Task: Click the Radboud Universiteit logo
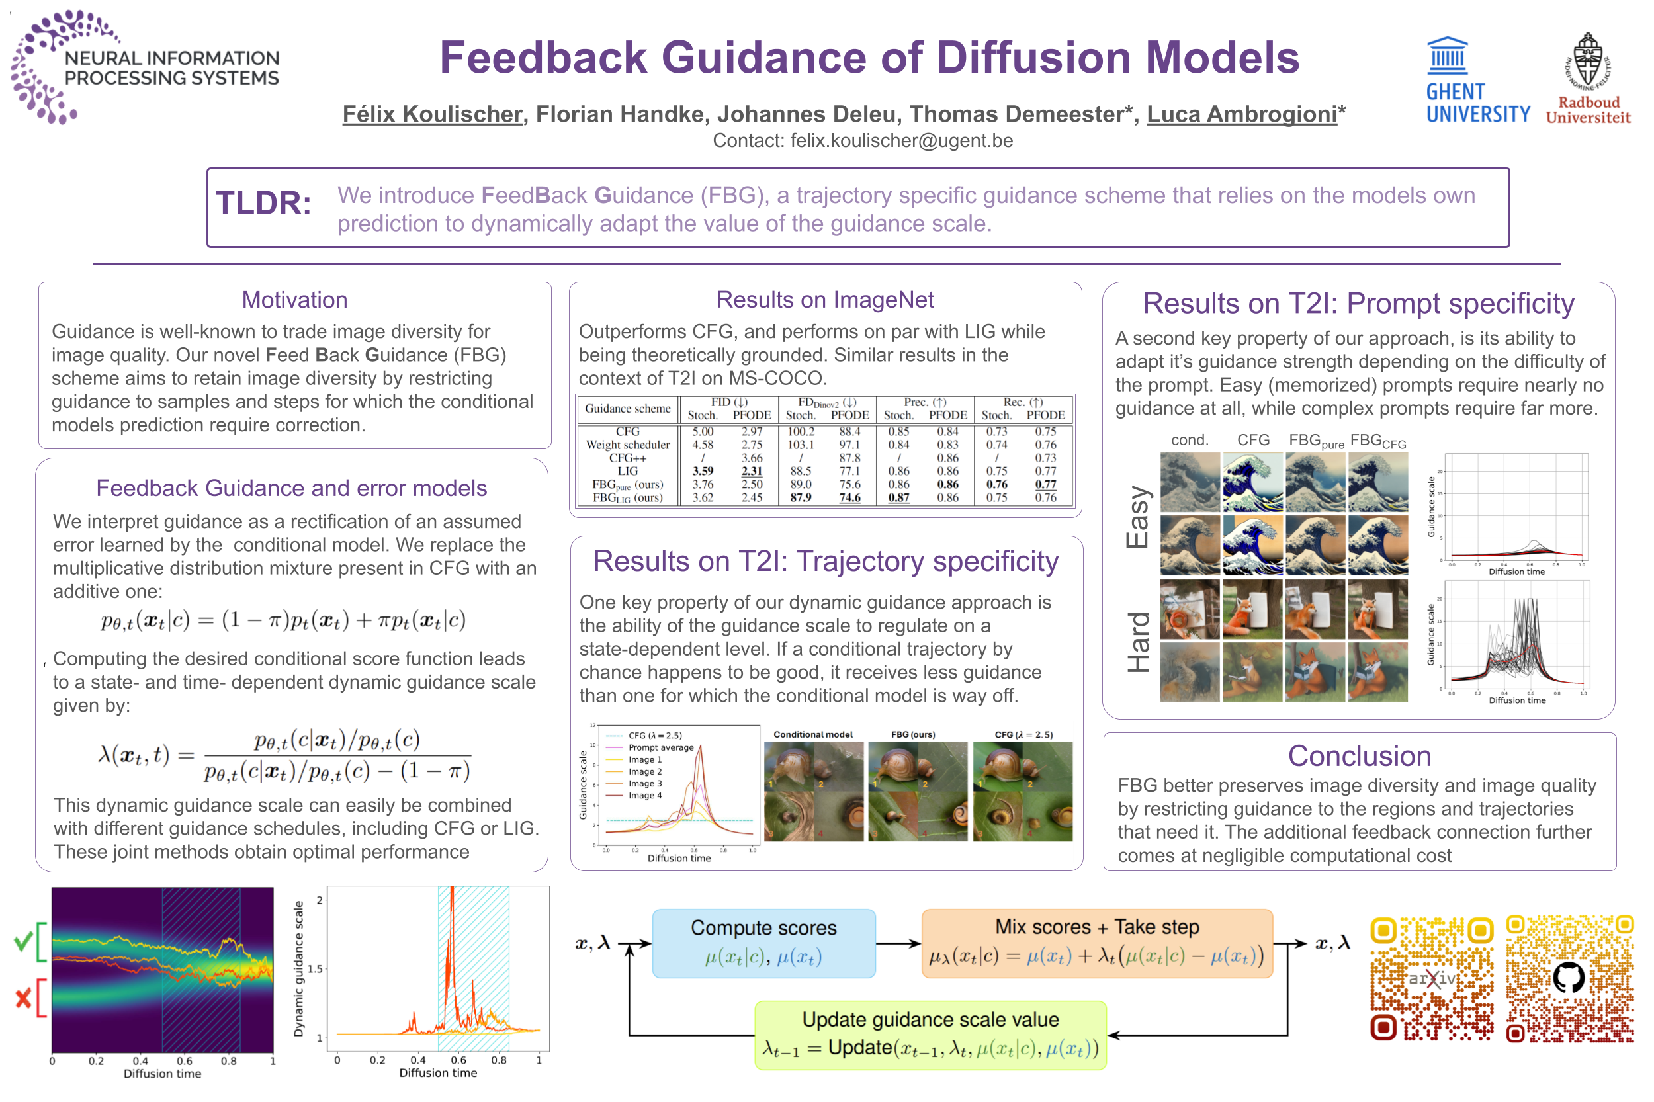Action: (1587, 79)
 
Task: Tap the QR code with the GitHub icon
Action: (1569, 978)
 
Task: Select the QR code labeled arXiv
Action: (1431, 978)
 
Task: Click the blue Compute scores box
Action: (763, 943)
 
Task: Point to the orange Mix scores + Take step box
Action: (1096, 943)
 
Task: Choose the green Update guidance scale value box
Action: (930, 1035)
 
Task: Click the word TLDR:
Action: (263, 203)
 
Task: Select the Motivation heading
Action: (294, 300)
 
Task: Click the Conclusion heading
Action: (1359, 756)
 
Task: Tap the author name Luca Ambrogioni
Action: (1241, 114)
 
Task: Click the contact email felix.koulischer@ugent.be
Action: (901, 140)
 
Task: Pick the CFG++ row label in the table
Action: (627, 458)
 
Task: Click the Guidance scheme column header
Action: (627, 408)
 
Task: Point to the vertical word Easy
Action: (1137, 517)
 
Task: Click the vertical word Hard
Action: (1137, 642)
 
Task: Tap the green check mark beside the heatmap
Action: (23, 941)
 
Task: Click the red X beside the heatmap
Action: (23, 997)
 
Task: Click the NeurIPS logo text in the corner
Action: (171, 67)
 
